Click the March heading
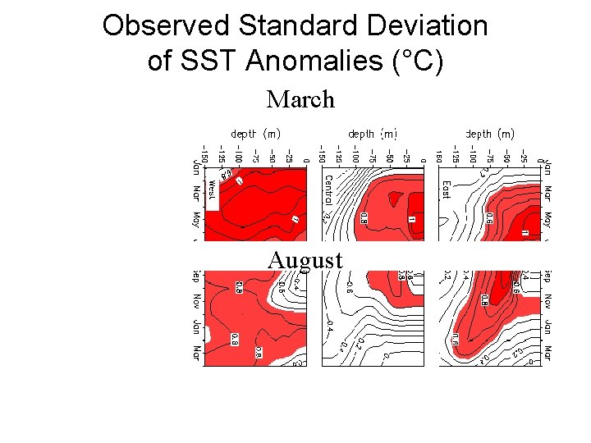point(300,100)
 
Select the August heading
point(305,261)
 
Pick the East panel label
point(446,190)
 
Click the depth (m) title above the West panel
point(255,133)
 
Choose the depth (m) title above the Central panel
point(373,133)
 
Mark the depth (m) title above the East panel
point(490,133)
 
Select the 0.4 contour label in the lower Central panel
point(329,326)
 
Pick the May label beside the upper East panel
point(547,221)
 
